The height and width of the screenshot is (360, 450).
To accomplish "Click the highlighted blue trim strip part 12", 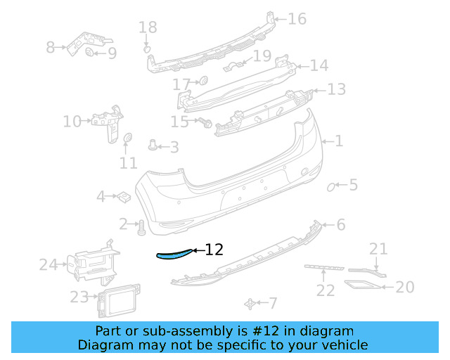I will tap(173, 255).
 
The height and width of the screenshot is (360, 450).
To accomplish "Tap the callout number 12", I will tap(214, 250).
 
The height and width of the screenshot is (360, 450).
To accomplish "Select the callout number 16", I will tap(297, 19).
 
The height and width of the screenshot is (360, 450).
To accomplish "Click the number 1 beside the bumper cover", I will tap(339, 141).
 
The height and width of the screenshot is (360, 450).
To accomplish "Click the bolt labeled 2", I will tap(141, 226).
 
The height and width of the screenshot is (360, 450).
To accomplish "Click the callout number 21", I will tap(378, 248).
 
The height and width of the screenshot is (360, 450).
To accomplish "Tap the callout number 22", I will tap(325, 290).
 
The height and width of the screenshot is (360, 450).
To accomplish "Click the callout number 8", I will tap(51, 48).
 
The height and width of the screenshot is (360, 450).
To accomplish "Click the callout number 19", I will tap(262, 56).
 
